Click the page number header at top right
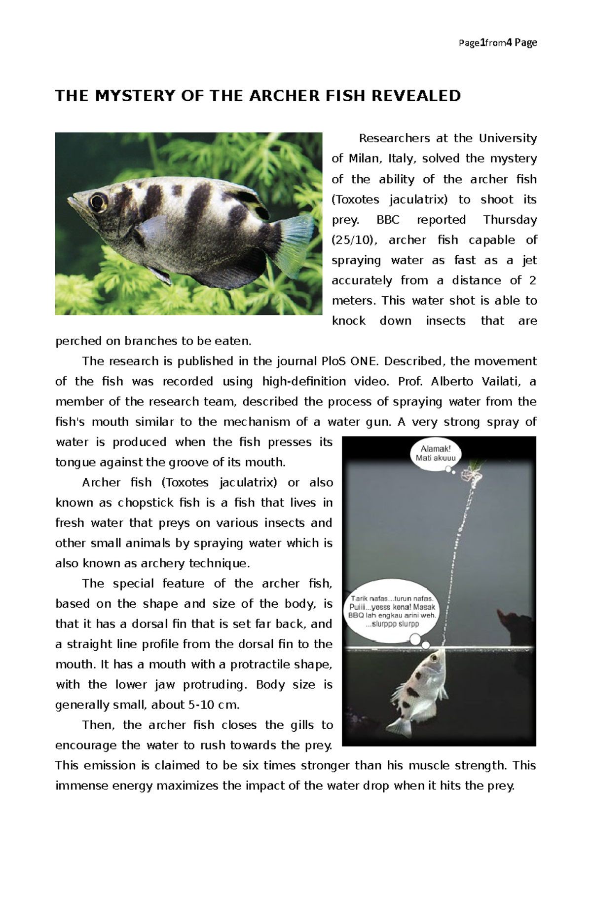click(x=497, y=43)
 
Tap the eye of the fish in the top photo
click(x=97, y=201)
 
